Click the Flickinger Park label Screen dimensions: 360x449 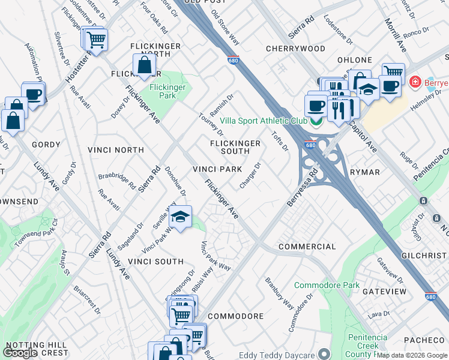click(x=167, y=91)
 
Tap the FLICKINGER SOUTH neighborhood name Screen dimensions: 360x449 click(x=235, y=147)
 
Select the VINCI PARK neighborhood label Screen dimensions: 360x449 click(x=217, y=169)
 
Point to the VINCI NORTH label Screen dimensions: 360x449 click(x=115, y=149)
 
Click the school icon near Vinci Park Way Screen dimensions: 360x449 click(x=179, y=217)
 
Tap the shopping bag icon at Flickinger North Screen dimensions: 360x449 click(x=145, y=65)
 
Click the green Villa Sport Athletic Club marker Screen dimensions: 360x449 click(x=316, y=121)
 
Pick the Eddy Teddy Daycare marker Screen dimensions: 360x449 click(x=325, y=354)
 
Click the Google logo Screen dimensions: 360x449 click(x=20, y=353)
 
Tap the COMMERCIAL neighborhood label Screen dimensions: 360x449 click(x=307, y=247)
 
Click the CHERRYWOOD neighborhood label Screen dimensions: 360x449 click(x=295, y=49)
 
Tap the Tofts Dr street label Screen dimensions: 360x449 click(x=280, y=142)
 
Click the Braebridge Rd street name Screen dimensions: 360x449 click(x=117, y=181)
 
